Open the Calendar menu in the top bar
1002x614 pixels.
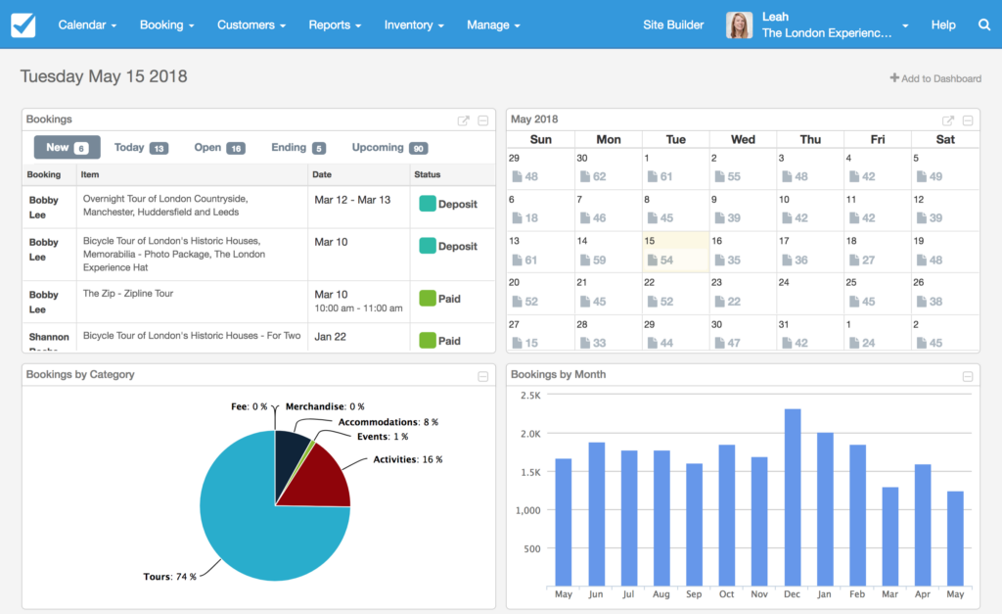click(x=87, y=24)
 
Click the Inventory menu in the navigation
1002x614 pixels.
click(x=414, y=24)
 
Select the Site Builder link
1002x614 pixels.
click(x=672, y=24)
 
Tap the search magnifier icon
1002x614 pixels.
click(x=984, y=24)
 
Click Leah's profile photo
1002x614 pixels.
click(x=739, y=25)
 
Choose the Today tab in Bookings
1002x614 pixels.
click(x=141, y=148)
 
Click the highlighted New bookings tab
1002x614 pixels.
click(x=67, y=148)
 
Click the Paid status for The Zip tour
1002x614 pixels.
click(x=440, y=299)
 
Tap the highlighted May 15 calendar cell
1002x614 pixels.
click(x=675, y=252)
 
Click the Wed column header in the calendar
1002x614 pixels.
click(x=743, y=139)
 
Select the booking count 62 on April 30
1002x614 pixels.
click(x=593, y=177)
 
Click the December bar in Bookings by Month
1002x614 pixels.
click(x=793, y=497)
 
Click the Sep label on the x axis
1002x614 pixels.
click(x=694, y=594)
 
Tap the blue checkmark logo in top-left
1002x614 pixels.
click(x=23, y=25)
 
